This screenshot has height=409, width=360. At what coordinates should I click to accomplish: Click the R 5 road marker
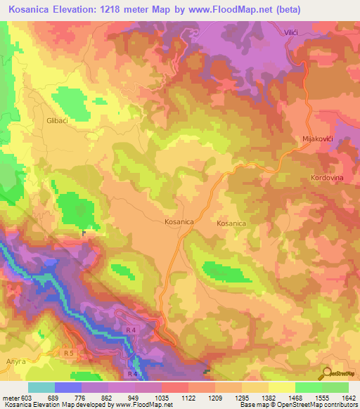click(x=68, y=352)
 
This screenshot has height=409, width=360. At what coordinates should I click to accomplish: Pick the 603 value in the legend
click(x=26, y=398)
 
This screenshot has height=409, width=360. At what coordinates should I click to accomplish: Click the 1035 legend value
click(x=161, y=398)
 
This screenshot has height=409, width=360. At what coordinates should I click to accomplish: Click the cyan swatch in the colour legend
click(x=41, y=387)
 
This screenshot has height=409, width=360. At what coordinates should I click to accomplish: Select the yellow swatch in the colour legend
click(x=281, y=387)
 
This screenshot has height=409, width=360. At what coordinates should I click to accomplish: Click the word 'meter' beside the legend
click(x=10, y=398)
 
